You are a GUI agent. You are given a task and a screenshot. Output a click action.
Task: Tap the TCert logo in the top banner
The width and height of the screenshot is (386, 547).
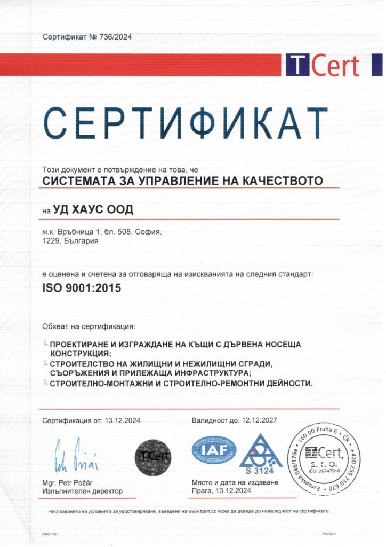[323, 65]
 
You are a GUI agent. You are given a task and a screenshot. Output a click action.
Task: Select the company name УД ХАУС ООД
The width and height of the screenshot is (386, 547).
[93, 209]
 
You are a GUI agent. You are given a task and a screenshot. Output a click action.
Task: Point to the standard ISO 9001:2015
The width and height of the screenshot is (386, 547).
[82, 288]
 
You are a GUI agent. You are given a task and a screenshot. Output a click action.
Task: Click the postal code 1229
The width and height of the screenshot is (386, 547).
[51, 241]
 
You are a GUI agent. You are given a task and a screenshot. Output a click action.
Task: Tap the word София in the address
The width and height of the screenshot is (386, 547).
[149, 232]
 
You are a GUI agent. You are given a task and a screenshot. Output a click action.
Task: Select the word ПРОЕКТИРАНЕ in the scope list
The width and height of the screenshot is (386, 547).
[82, 345]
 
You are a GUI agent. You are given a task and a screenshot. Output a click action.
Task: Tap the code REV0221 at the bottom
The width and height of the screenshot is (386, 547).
[329, 534]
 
